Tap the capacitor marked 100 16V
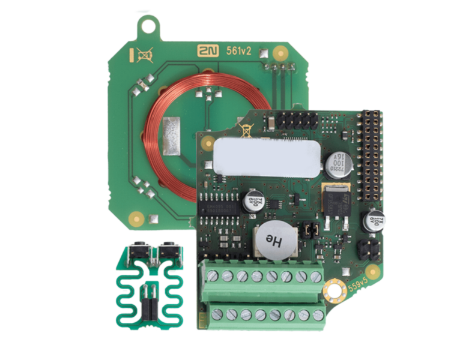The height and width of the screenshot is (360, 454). [335, 163]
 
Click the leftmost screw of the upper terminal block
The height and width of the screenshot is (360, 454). [213, 275]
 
